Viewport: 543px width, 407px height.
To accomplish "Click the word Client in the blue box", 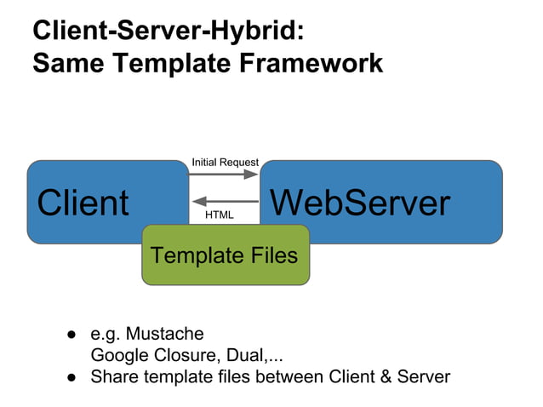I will coord(83,203).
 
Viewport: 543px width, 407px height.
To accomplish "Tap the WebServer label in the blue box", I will coord(359,203).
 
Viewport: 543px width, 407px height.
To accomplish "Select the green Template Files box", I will coord(225,255).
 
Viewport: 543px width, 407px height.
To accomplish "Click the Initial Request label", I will coord(225,162).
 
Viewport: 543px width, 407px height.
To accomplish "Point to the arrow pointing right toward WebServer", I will coord(224,175).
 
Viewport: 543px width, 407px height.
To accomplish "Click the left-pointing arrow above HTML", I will coord(224,202).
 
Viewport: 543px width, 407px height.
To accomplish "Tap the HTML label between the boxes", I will coord(220,215).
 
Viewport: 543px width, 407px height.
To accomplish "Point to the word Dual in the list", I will coord(244,355).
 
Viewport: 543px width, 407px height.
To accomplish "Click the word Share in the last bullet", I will coord(113,376).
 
